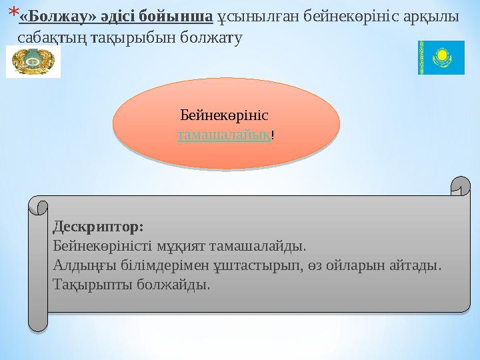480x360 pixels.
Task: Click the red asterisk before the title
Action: (14, 12)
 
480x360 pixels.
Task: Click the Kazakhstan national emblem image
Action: (33, 61)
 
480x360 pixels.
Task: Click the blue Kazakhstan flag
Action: (441, 57)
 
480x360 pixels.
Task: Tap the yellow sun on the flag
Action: (442, 55)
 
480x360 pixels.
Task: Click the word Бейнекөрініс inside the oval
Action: (225, 115)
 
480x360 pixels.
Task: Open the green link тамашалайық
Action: (224, 135)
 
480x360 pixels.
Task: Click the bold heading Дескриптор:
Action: (98, 227)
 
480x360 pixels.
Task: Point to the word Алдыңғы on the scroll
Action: (85, 265)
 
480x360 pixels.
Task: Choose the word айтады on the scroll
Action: (415, 265)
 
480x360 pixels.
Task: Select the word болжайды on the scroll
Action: (173, 285)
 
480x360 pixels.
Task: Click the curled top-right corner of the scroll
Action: (461, 186)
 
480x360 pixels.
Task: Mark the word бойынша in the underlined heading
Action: (175, 17)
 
